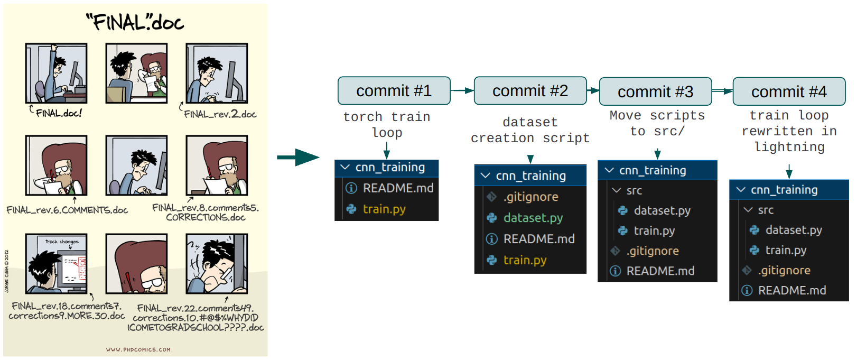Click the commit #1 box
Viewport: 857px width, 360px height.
[x=394, y=91]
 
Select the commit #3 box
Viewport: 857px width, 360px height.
[x=655, y=92]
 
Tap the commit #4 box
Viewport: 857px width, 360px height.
[x=789, y=92]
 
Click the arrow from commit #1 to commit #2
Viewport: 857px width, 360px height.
[x=462, y=91]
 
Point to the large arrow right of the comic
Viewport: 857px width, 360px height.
[x=298, y=157]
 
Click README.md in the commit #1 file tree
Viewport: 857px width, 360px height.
[x=398, y=188]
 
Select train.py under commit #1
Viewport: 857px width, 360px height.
[x=384, y=209]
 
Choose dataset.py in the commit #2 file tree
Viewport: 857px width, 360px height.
[x=533, y=218]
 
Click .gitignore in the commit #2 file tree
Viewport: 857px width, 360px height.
[x=530, y=197]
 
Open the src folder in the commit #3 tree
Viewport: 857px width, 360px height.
[x=634, y=190]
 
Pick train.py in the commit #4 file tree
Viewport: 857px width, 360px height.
[x=786, y=250]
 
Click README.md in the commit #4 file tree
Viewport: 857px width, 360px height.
[x=791, y=290]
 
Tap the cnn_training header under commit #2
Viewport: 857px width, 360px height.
[x=530, y=176]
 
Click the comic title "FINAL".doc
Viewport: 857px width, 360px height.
[x=135, y=23]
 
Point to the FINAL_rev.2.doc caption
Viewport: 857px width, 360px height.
[x=220, y=114]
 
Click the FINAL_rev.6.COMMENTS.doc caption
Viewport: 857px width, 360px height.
[x=67, y=210]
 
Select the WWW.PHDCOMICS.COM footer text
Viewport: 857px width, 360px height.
[x=138, y=349]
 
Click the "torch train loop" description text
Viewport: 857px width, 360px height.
[x=387, y=124]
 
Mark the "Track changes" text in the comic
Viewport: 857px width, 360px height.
[x=62, y=242]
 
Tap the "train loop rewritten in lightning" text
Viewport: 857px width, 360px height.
[x=789, y=131]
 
